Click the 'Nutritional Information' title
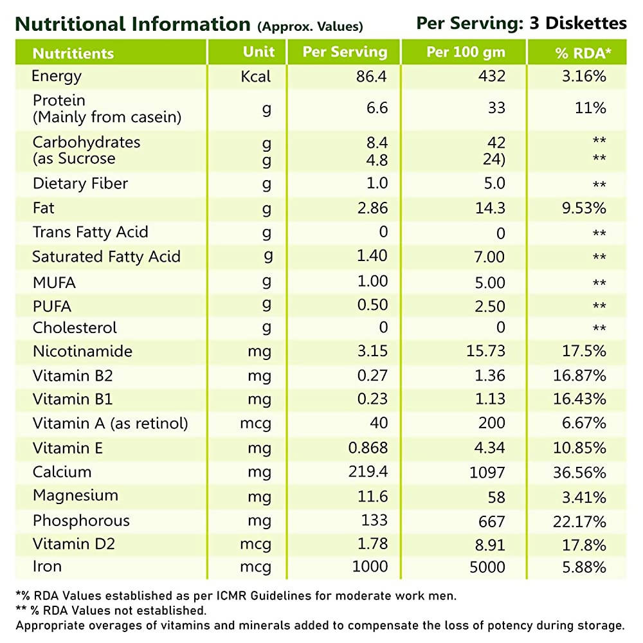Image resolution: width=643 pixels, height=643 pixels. click(132, 24)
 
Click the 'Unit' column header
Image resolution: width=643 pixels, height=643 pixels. click(259, 52)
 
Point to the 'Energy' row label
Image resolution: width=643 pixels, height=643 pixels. click(57, 77)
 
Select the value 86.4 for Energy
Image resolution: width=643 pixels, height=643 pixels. click(372, 77)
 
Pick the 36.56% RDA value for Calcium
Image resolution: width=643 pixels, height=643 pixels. click(579, 473)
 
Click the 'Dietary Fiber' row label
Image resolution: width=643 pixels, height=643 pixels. click(80, 184)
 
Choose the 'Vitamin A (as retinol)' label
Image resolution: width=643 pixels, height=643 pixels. click(111, 424)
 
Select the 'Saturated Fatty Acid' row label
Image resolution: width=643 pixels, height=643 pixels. click(107, 257)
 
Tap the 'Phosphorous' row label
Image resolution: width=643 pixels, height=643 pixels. click(81, 521)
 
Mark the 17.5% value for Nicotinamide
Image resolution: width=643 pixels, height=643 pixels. click(584, 352)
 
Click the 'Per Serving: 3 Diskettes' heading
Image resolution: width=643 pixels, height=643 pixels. click(521, 23)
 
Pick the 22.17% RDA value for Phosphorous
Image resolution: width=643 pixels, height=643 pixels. click(579, 521)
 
